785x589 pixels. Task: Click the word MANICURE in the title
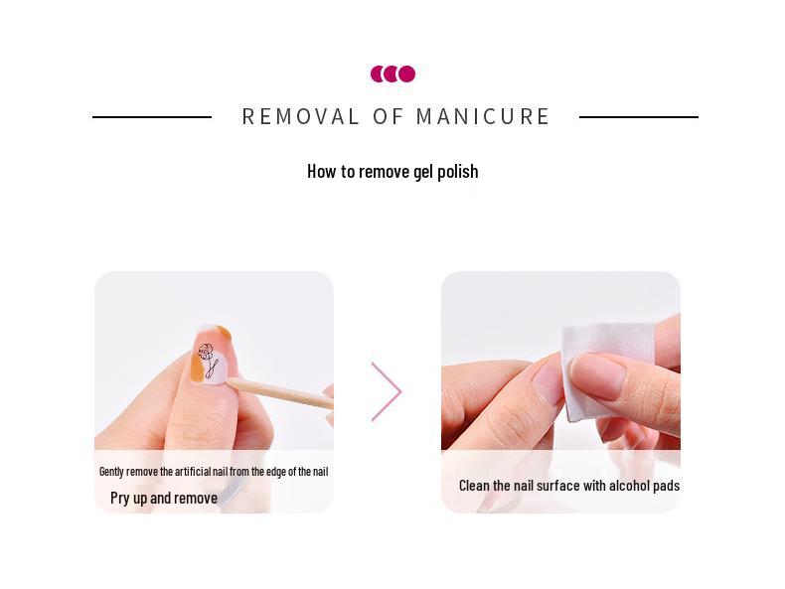click(483, 117)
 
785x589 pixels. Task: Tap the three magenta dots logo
click(392, 74)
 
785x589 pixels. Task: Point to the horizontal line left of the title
click(152, 117)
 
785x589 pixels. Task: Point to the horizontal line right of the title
click(638, 117)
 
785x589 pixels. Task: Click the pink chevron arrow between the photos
click(388, 391)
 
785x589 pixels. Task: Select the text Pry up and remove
click(164, 498)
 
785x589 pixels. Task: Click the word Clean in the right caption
click(475, 486)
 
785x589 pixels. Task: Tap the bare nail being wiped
click(596, 375)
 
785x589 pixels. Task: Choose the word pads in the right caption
click(667, 486)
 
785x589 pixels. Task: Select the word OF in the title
click(389, 117)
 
